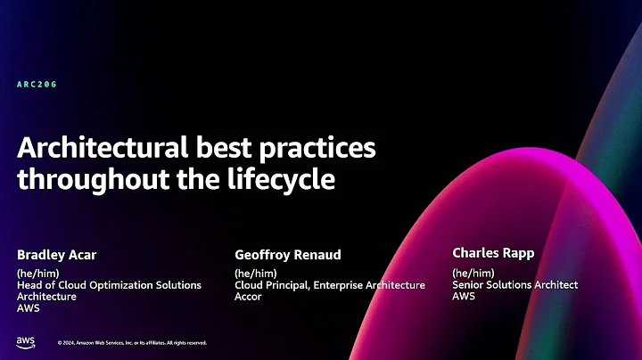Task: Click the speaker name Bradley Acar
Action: (56, 256)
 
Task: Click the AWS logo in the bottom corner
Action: (25, 341)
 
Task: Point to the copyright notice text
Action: (132, 342)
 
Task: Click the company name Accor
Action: (248, 297)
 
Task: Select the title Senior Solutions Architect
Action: (515, 284)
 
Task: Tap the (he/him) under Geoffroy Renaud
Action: (255, 273)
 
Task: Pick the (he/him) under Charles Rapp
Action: (473, 272)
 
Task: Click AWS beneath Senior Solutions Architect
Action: (464, 296)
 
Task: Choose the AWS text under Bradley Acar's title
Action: (28, 308)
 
